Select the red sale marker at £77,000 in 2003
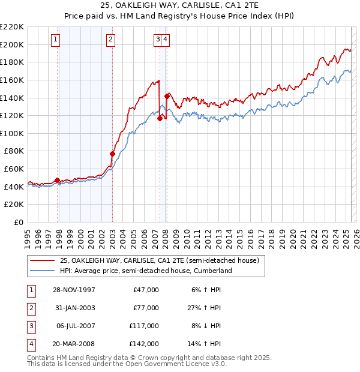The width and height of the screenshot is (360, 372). [112, 154]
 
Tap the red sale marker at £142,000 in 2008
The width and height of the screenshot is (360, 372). [166, 95]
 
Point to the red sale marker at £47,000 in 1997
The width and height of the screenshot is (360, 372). [57, 180]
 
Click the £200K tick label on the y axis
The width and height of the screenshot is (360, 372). [13, 44]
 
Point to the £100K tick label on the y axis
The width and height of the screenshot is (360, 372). [13, 133]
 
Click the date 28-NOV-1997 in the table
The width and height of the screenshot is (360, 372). [74, 290]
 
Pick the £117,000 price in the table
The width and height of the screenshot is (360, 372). [144, 326]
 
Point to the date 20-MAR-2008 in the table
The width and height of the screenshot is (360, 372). [74, 344]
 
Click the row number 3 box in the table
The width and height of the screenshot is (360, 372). [31, 326]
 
